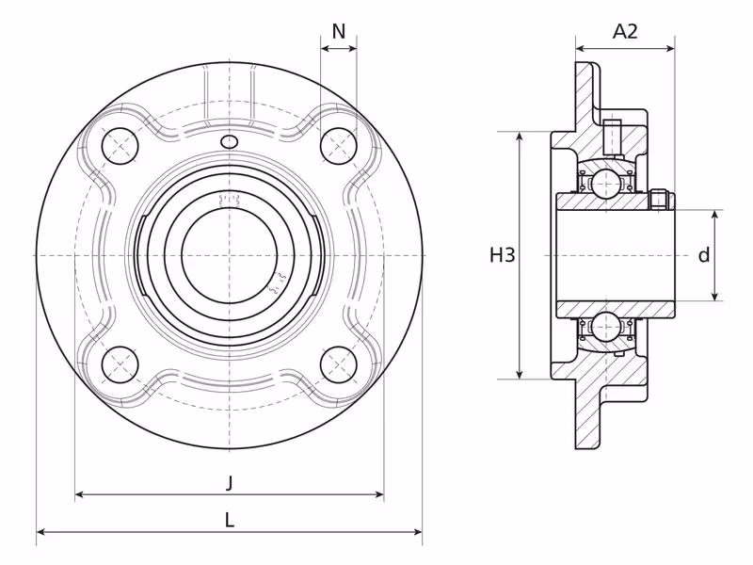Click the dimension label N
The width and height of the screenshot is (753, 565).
click(x=339, y=32)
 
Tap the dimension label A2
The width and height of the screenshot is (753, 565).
click(x=625, y=32)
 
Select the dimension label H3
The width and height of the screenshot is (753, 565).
click(x=503, y=254)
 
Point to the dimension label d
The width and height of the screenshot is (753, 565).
click(x=703, y=255)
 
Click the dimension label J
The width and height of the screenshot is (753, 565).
click(x=230, y=482)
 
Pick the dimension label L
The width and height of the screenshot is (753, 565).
click(x=230, y=520)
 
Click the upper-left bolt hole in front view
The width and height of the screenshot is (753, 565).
click(x=120, y=146)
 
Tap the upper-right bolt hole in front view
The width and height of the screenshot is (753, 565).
click(x=339, y=146)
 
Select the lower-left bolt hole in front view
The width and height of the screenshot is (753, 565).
click(x=120, y=364)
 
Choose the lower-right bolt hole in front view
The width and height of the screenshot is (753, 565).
click(x=339, y=364)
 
